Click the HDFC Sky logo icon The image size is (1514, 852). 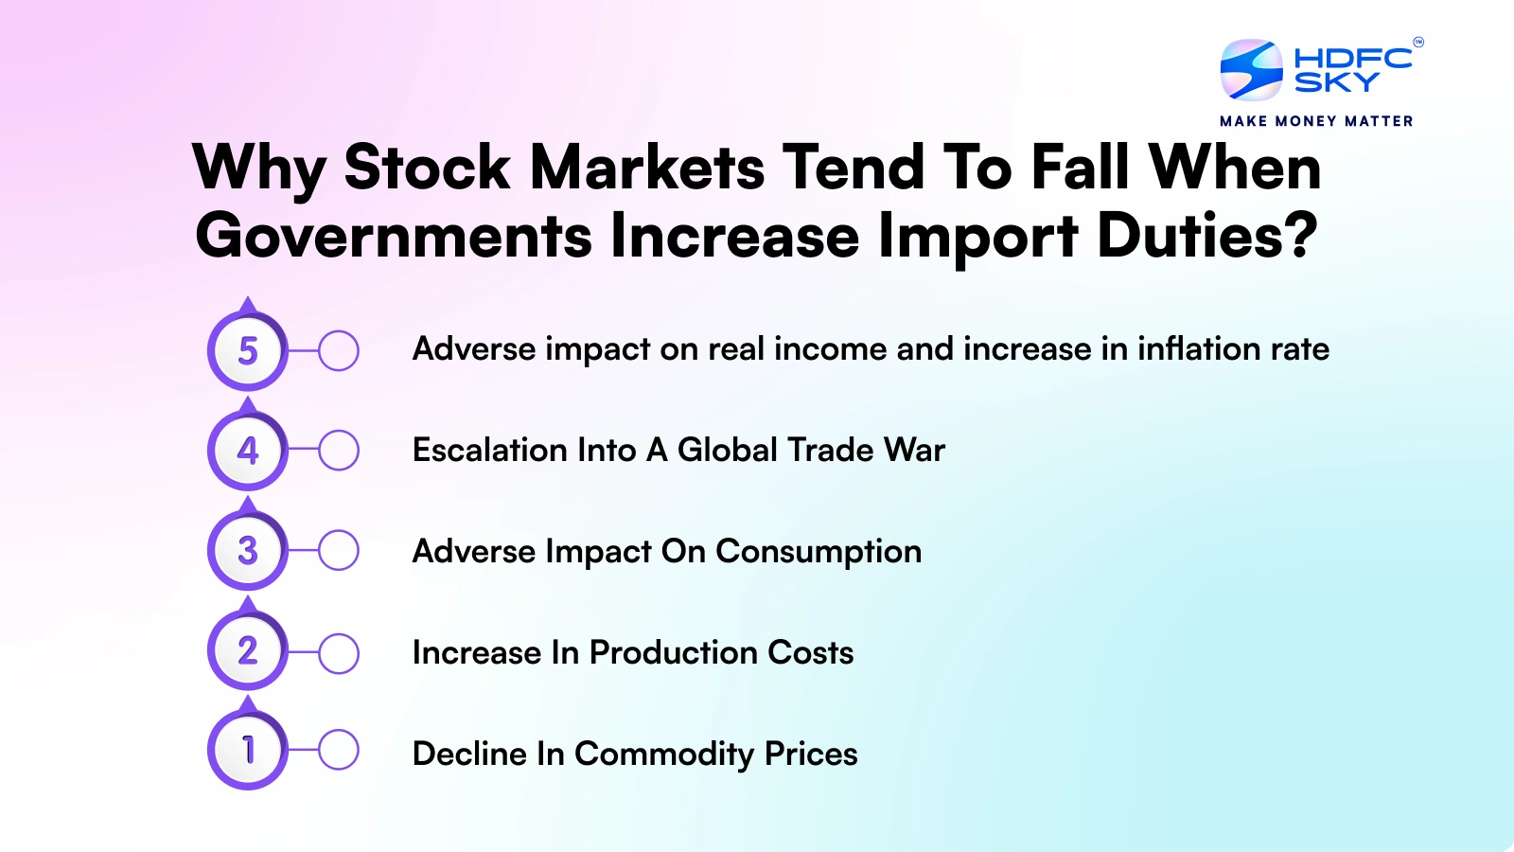pos(1251,70)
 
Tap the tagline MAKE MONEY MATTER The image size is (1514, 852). pos(1316,121)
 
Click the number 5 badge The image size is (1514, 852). pos(248,351)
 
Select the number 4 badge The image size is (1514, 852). pos(248,451)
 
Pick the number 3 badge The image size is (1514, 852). pos(248,551)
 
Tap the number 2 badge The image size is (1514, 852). pos(248,651)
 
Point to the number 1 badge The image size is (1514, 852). pos(248,751)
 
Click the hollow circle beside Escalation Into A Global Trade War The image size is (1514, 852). pos(338,451)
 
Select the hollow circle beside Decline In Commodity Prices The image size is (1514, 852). pos(338,751)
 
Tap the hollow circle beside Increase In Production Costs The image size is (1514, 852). pos(338,652)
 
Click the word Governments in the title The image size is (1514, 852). pos(394,237)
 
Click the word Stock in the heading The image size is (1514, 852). pos(427,168)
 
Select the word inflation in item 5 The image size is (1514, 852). pos(1199,348)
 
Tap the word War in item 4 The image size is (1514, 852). pos(914,450)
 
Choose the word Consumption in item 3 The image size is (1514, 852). pos(819,552)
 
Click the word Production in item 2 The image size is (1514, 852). pos(673,652)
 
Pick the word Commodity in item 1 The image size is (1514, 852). pos(664,754)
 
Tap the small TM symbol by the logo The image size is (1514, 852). pos(1418,42)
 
